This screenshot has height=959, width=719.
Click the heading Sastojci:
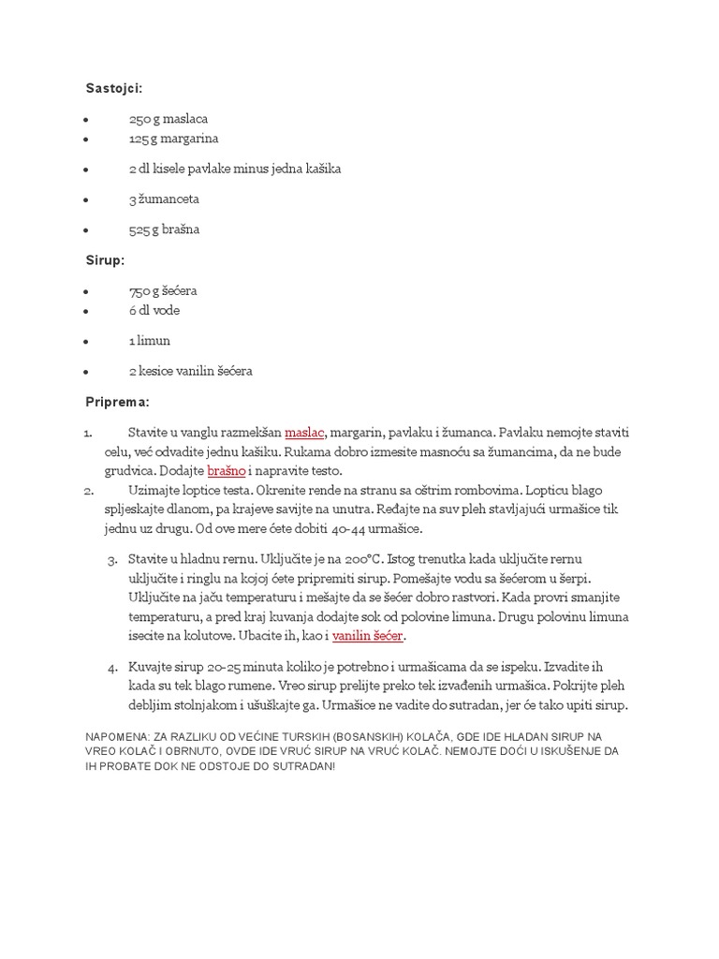click(114, 88)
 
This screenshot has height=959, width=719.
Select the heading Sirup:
click(105, 259)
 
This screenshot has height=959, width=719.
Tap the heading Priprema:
click(118, 402)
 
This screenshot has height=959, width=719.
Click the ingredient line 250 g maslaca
click(169, 119)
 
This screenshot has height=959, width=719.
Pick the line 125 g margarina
click(173, 139)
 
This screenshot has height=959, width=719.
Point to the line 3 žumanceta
click(164, 199)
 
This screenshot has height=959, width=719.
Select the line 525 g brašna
click(164, 229)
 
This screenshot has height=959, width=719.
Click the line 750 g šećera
click(163, 290)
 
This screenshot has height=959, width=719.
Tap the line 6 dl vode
click(154, 310)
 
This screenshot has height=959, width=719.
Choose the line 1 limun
click(150, 341)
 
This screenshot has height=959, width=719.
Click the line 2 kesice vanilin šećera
click(191, 371)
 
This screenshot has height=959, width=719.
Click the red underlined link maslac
click(304, 433)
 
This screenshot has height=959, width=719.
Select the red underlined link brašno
click(226, 471)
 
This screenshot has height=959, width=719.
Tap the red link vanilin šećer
click(368, 636)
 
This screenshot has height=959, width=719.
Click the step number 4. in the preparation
click(112, 668)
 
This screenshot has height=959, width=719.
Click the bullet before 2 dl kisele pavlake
click(86, 170)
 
